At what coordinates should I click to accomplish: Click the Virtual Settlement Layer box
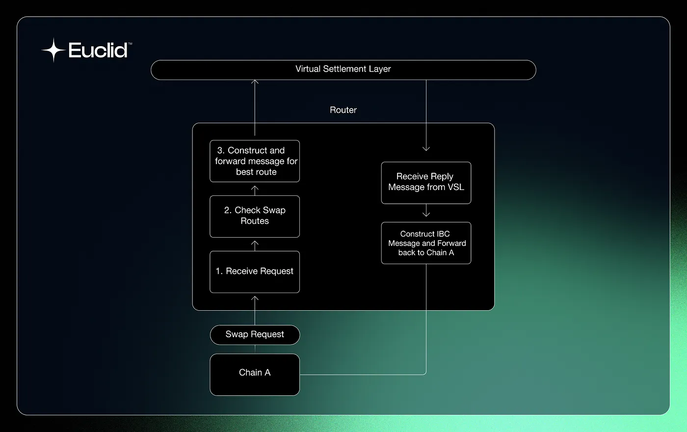343,70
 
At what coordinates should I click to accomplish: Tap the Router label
343,110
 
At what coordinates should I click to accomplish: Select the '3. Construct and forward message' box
255,161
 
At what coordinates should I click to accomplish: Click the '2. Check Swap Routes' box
255,216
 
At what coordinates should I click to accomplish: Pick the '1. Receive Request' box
255,271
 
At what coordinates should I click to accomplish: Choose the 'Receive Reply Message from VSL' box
426,182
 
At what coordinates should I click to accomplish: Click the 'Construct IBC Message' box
426,243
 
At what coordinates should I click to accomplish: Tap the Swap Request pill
255,335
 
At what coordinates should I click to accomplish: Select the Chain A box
255,374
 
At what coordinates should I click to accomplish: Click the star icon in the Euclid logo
53,50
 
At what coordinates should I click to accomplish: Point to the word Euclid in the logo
98,50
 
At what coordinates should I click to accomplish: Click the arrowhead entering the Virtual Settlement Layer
255,82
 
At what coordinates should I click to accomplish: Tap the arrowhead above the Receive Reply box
426,148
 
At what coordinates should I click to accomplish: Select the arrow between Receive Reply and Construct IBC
426,212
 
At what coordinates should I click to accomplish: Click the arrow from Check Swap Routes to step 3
255,189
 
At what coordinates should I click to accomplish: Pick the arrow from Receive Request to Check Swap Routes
255,244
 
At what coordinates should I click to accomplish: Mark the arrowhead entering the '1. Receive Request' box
255,298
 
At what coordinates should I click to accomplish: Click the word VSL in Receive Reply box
455,187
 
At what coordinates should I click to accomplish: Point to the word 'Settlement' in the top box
345,69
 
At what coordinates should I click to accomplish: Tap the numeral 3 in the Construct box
220,150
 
